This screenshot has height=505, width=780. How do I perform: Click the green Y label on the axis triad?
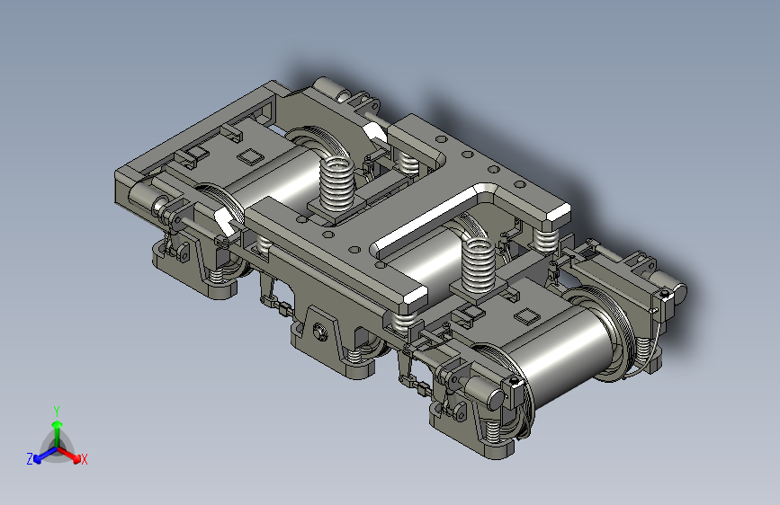click(x=57, y=411)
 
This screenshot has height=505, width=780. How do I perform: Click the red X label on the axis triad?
click(x=84, y=460)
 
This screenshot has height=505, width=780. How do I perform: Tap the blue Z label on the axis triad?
click(x=30, y=459)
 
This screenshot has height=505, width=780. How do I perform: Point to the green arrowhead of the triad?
click(x=58, y=424)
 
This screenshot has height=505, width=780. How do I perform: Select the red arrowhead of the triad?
click(x=76, y=457)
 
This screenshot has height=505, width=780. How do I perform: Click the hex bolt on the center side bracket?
click(x=318, y=331)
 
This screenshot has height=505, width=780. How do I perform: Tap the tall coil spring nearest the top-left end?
click(x=336, y=183)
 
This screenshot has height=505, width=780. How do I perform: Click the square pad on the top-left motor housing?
click(x=250, y=156)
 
